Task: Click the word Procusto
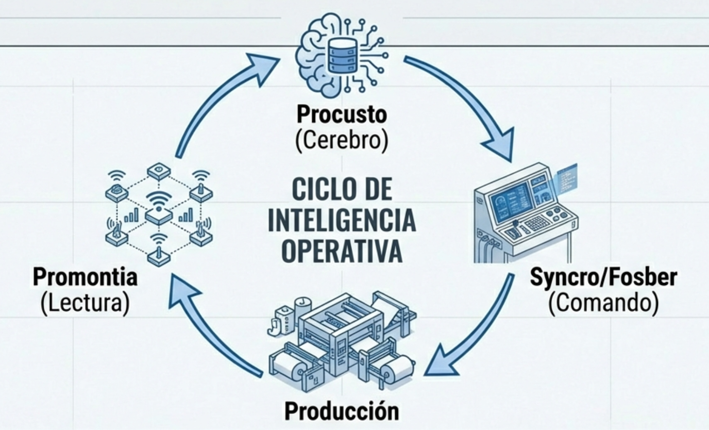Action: click(341, 115)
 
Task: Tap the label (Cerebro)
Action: click(341, 140)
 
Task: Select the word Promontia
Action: click(85, 277)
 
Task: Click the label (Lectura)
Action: click(85, 303)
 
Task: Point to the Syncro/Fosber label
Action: click(603, 277)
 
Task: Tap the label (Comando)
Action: click(603, 303)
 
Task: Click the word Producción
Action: click(341, 411)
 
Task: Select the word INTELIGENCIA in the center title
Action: click(341, 220)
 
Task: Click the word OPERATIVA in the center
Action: click(341, 251)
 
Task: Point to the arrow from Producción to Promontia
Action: click(214, 335)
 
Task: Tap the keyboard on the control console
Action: click(537, 224)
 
